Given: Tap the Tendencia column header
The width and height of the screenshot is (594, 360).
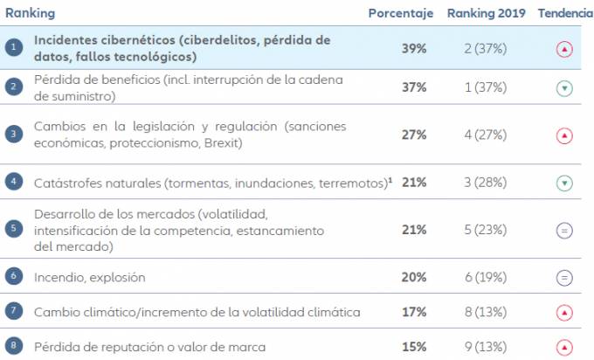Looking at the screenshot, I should (x=564, y=14).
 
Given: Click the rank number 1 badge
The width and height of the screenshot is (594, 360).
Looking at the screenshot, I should (x=14, y=49).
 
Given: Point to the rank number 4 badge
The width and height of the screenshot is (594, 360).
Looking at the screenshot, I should (x=14, y=183).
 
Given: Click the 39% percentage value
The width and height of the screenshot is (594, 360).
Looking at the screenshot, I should (x=414, y=49).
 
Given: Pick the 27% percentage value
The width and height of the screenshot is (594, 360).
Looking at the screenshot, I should (x=414, y=135).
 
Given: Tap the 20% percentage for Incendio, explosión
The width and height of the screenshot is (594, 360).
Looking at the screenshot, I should (x=414, y=277).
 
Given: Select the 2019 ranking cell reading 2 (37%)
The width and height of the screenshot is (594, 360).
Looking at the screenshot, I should (x=484, y=49).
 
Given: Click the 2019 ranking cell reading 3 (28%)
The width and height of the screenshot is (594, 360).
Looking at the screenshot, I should (x=484, y=183).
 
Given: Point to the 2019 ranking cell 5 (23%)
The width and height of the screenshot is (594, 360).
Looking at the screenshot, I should (x=484, y=230).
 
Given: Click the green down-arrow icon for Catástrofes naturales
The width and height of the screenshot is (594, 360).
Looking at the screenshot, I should (x=564, y=183).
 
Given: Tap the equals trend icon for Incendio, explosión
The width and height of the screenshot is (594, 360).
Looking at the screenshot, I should (x=564, y=277).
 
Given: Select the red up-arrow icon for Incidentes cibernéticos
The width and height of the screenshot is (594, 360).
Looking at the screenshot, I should (x=564, y=49).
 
